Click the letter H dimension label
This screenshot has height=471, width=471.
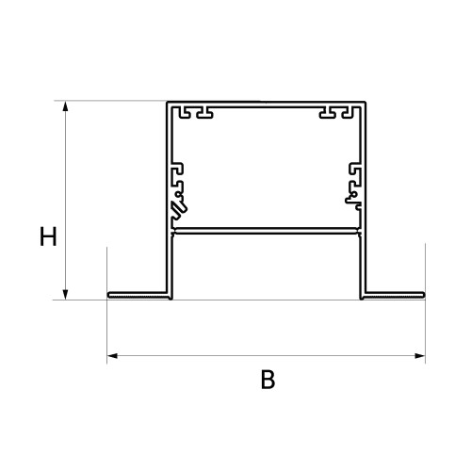[48, 236]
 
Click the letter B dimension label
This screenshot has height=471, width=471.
[268, 380]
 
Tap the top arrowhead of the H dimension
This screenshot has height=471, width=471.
[65, 106]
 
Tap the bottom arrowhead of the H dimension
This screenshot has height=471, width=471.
[65, 295]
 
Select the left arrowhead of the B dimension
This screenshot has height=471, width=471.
[112, 356]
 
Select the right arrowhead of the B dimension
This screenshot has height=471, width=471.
[420, 356]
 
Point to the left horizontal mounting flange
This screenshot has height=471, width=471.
[138, 295]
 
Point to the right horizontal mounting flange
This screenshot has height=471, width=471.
[394, 295]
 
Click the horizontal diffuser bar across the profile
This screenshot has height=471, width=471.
[267, 231]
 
